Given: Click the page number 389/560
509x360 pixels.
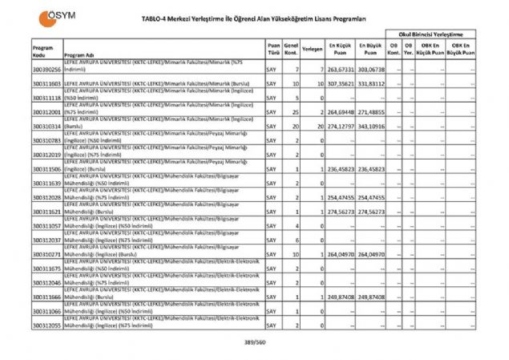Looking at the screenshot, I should pyautogui.click(x=254, y=343).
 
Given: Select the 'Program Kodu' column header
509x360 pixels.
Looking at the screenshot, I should pyautogui.click(x=44, y=51).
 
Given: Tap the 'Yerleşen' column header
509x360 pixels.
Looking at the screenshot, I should pyautogui.click(x=313, y=49).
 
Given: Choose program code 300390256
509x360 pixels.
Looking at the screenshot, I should pyautogui.click(x=46, y=71).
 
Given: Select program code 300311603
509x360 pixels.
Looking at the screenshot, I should pyautogui.click(x=46, y=84).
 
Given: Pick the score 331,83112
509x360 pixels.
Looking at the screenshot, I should pyautogui.click(x=370, y=84).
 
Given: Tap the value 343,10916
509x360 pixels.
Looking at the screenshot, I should pyautogui.click(x=370, y=126).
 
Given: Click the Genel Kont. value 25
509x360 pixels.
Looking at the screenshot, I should pyautogui.click(x=295, y=112).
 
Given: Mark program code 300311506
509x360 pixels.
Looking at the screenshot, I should pyautogui.click(x=46, y=169).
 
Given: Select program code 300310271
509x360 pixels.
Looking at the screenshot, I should pyautogui.click(x=46, y=254).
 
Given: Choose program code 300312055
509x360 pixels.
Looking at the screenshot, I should pyautogui.click(x=46, y=326).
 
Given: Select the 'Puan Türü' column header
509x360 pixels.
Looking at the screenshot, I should pyautogui.click(x=273, y=49).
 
